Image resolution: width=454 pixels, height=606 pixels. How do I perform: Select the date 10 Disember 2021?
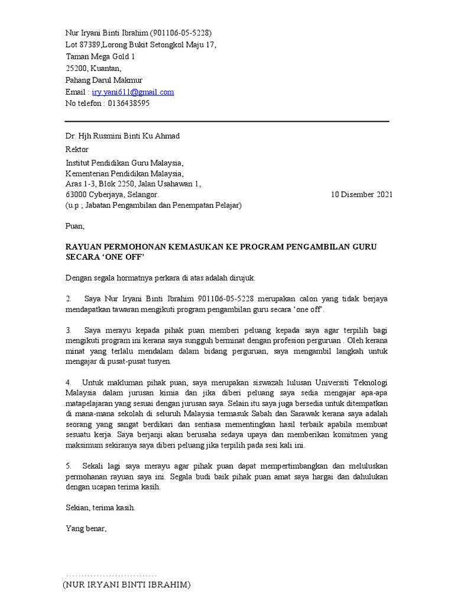coord(361,194)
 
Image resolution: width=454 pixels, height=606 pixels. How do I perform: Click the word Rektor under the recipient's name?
coord(76,150)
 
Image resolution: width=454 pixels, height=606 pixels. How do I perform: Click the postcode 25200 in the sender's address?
coord(76,69)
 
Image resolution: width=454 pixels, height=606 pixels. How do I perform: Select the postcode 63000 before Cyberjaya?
coord(76,194)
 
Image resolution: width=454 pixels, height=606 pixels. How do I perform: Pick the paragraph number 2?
coord(68,298)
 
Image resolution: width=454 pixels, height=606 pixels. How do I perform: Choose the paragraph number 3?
coord(68,330)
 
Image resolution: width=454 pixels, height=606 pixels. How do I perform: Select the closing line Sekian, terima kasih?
coord(100,508)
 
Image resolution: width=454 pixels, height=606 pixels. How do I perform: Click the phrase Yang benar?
coord(86,528)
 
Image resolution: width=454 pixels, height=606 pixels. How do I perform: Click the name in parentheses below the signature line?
coord(127,585)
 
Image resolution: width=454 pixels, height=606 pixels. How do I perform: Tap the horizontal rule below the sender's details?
coord(227,121)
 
